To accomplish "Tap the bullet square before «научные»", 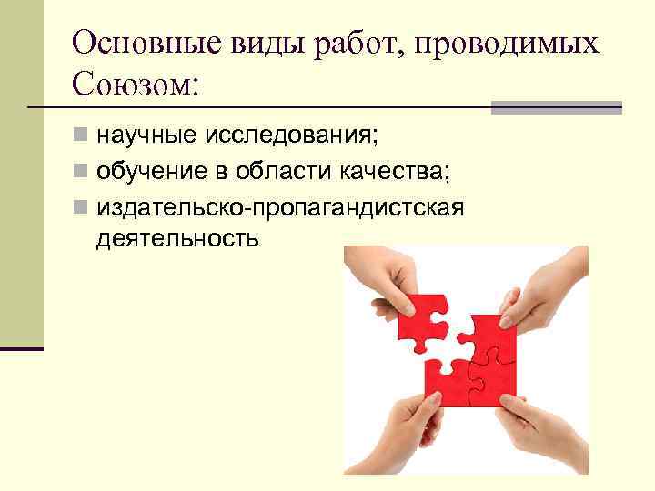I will [82, 137].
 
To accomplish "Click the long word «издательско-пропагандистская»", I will [280, 206].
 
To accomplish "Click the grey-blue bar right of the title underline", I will [556, 107].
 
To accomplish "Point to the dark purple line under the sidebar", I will [22, 348].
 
